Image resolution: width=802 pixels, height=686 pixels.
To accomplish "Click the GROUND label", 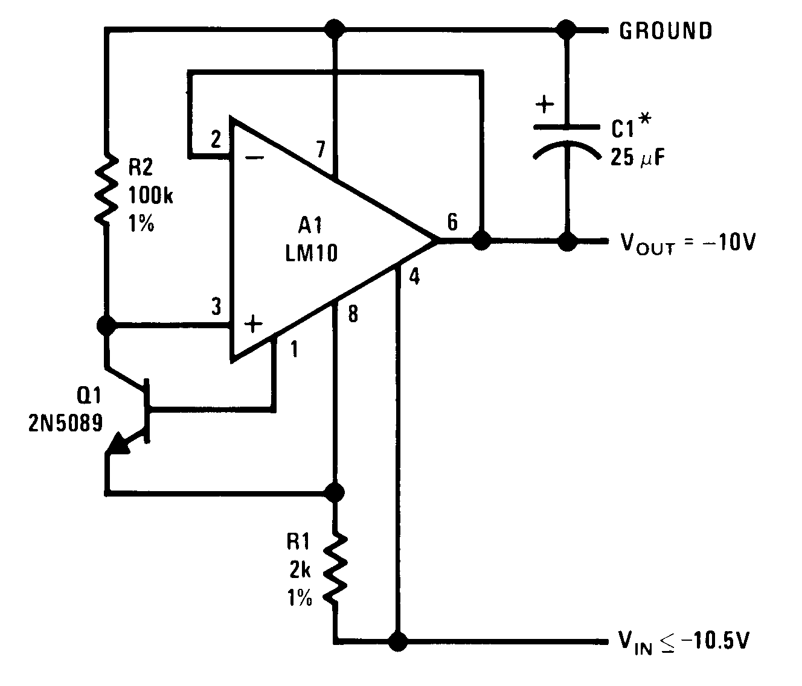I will (666, 30).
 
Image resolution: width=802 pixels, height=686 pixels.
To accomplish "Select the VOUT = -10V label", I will (687, 243).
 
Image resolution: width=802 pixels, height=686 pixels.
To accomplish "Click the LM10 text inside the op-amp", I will (310, 253).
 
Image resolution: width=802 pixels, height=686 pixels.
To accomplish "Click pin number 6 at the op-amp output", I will (452, 221).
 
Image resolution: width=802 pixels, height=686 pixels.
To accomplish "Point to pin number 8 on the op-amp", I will (353, 314).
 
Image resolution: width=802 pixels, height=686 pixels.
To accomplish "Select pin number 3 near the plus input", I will (216, 306).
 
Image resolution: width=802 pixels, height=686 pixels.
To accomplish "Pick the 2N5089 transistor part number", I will (65, 422).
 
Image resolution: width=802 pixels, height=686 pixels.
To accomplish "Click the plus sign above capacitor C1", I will (545, 105).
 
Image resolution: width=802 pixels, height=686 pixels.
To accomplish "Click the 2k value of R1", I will (300, 570).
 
